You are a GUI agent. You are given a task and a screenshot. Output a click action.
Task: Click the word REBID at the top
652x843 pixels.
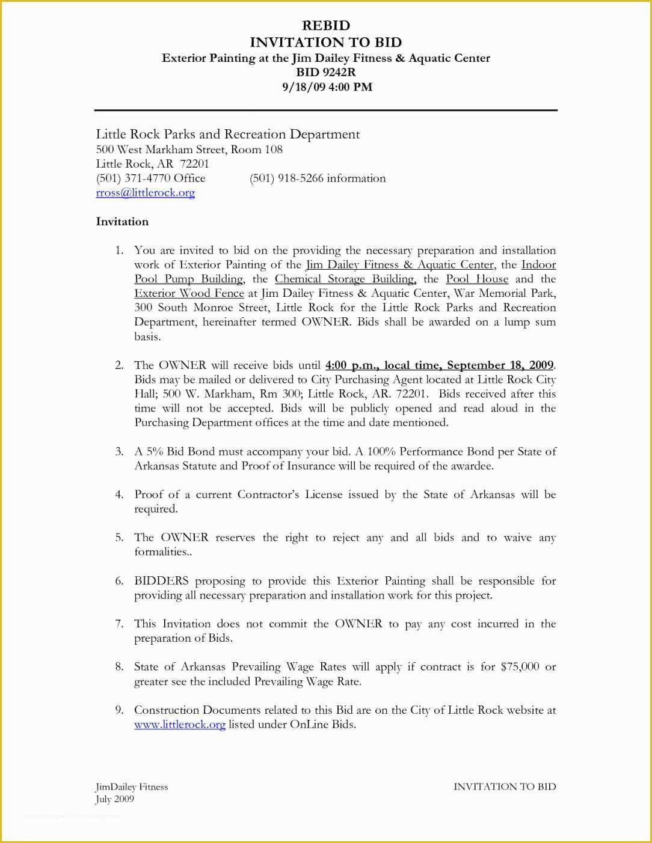pyautogui.click(x=325, y=25)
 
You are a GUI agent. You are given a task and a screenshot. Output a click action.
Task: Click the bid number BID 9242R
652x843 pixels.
pyautogui.click(x=325, y=72)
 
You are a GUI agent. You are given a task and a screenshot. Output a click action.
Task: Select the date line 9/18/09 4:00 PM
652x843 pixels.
pyautogui.click(x=327, y=87)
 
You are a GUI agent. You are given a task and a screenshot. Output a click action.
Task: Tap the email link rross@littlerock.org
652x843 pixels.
pyautogui.click(x=146, y=193)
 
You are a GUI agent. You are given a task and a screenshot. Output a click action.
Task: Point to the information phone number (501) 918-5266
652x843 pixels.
pyautogui.click(x=286, y=178)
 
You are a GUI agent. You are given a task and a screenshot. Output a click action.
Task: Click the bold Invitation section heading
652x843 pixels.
pyautogui.click(x=122, y=222)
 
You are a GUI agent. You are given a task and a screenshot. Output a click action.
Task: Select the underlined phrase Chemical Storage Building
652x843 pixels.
pyautogui.click(x=345, y=279)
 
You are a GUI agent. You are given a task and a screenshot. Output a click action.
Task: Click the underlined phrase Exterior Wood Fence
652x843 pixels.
pyautogui.click(x=189, y=294)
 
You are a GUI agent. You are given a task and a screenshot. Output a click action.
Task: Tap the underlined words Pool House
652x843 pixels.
pyautogui.click(x=476, y=279)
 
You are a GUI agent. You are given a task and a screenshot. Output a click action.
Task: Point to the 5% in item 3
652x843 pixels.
pyautogui.click(x=155, y=452)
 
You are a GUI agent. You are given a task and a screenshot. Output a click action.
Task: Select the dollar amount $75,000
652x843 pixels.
pyautogui.click(x=519, y=667)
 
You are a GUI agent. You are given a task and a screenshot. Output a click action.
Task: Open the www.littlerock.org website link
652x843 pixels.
pyautogui.click(x=179, y=725)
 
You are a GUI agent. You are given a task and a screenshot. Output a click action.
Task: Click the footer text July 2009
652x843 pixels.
pyautogui.click(x=114, y=799)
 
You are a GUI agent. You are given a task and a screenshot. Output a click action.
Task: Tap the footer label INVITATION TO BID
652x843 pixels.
pyautogui.click(x=504, y=787)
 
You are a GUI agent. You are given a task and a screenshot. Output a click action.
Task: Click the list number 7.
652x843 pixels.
pyautogui.click(x=118, y=624)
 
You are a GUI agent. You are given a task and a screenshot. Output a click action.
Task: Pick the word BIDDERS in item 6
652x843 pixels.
pyautogui.click(x=161, y=581)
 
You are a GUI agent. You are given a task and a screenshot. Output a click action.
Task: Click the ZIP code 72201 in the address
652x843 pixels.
pyautogui.click(x=194, y=164)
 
